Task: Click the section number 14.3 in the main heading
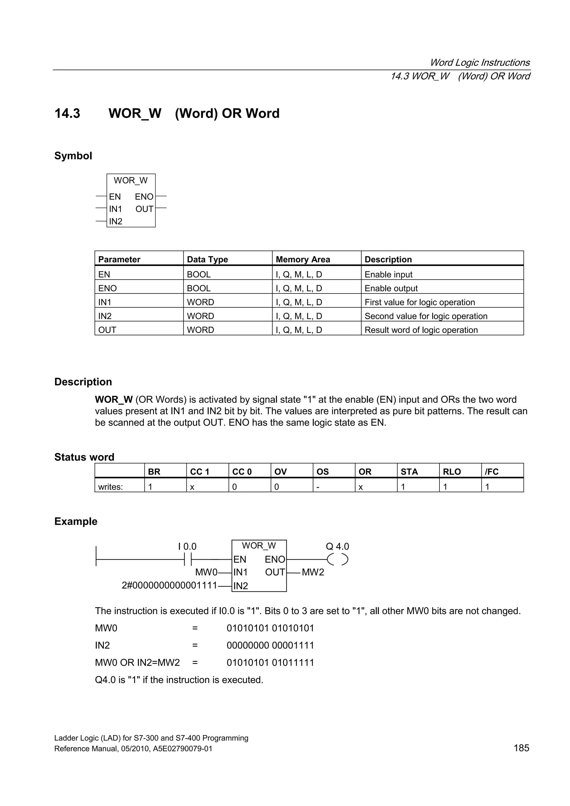click(67, 114)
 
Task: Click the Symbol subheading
click(73, 156)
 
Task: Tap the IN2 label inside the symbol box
click(116, 221)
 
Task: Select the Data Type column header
click(207, 259)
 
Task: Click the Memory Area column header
click(303, 259)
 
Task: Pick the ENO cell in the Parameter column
click(107, 288)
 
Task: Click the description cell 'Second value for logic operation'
click(426, 316)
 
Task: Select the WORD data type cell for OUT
click(200, 330)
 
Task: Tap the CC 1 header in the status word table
click(200, 472)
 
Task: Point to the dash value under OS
click(318, 487)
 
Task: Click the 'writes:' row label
click(110, 487)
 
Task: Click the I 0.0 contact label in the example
click(187, 546)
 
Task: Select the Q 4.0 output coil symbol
click(337, 559)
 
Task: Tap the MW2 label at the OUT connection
click(313, 572)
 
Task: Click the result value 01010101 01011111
click(270, 662)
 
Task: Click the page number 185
click(521, 748)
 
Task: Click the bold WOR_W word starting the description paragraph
click(114, 400)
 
